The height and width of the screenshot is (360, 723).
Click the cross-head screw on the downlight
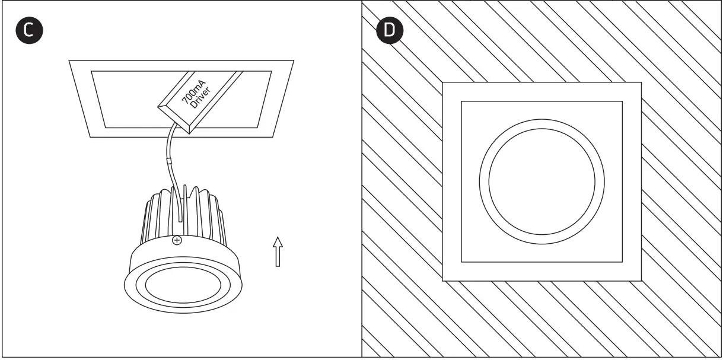pos(176,240)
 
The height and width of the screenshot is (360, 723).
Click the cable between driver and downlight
pos(168,148)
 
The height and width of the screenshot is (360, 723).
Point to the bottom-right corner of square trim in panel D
pos(640,279)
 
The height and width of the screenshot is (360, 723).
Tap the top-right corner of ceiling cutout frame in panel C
pos(294,60)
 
